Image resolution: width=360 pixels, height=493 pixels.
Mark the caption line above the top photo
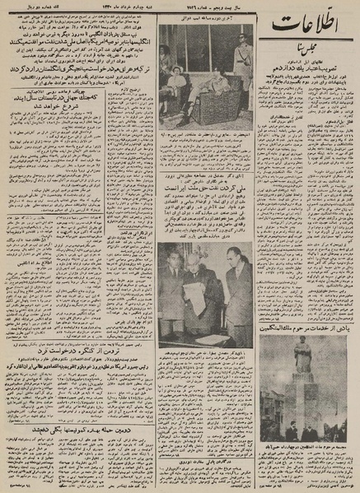(x=206, y=20)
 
